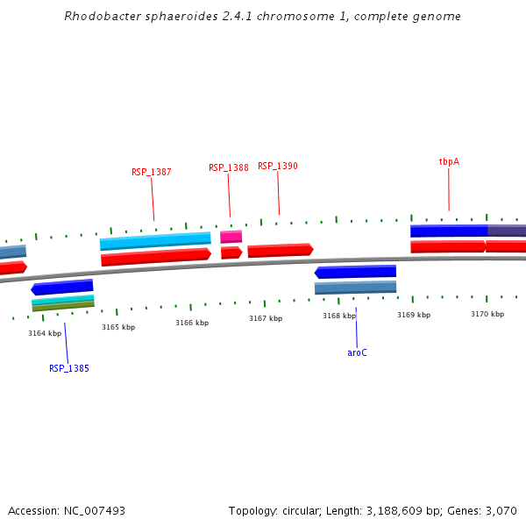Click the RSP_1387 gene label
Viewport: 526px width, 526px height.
point(152,173)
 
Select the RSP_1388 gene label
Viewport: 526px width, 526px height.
point(229,168)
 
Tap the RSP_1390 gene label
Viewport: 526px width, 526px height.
point(278,167)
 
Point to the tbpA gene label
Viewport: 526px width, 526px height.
point(449,162)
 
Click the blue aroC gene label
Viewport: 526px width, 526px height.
point(357,352)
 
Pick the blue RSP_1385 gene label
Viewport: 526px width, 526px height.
point(69,369)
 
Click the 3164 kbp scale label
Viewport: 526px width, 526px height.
point(45,333)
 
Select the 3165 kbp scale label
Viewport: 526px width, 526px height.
point(118,327)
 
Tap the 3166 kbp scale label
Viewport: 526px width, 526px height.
point(192,323)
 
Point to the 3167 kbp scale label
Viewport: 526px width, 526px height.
point(266,318)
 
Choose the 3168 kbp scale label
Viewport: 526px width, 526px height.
point(339,316)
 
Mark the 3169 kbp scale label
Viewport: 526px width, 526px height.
point(414,315)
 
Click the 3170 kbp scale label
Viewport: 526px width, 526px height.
point(487,314)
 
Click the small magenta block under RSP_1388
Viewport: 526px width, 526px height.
point(231,237)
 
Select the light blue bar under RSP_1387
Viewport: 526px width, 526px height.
point(155,239)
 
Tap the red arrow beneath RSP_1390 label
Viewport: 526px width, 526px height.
point(280,251)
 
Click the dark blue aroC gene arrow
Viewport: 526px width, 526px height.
point(356,272)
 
